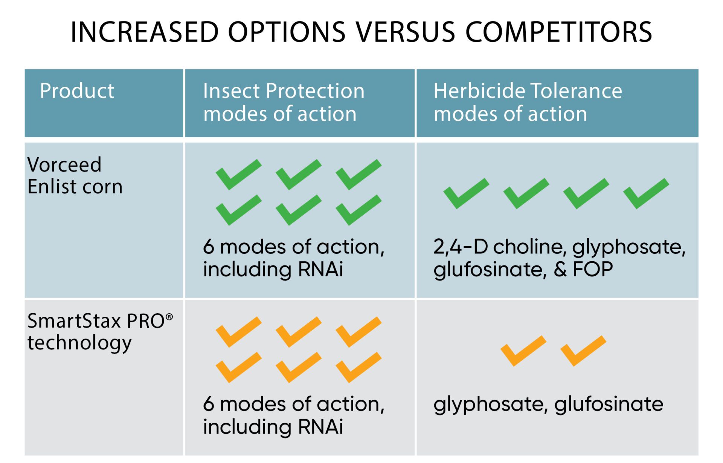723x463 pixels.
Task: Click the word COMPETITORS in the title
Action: pyautogui.click(x=559, y=32)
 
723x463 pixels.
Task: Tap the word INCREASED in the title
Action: pyautogui.click(x=145, y=32)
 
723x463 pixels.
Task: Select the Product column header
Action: pyautogui.click(x=77, y=91)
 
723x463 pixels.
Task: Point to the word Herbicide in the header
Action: pyautogui.click(x=479, y=91)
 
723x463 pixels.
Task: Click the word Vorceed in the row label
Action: pyautogui.click(x=64, y=165)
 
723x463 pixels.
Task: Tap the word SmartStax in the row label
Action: pyautogui.click(x=74, y=321)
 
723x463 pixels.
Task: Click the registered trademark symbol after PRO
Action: pyautogui.click(x=169, y=317)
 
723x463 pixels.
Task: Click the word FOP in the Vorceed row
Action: pyautogui.click(x=593, y=269)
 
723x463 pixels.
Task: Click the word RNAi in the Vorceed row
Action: pyautogui.click(x=320, y=269)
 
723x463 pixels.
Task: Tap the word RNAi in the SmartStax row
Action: pyautogui.click(x=320, y=426)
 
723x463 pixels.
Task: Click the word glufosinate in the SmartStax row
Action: pyautogui.click(x=609, y=405)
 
